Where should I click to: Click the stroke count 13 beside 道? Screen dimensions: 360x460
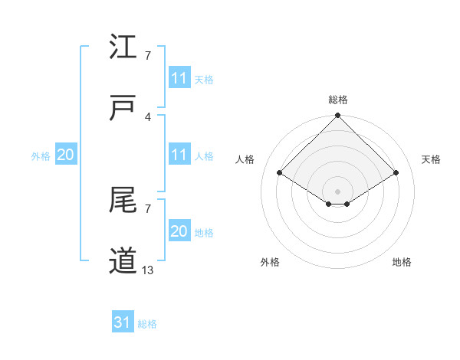pos(147,270)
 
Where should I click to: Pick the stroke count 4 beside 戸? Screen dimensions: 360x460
pos(147,116)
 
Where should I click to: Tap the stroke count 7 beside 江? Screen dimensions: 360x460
pos(147,56)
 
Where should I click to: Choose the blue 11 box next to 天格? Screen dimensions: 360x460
pos(179,78)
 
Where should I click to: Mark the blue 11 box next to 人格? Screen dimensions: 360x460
pos(179,155)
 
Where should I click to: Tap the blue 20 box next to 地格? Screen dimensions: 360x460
pos(179,231)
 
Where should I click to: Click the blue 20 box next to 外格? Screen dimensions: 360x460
pos(66,155)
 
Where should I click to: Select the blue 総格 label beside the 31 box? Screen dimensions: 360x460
pos(147,324)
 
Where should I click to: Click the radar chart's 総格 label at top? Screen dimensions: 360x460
pos(337,100)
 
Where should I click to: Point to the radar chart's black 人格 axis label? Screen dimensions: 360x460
pos(245,159)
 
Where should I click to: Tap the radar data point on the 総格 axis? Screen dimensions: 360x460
pos(337,116)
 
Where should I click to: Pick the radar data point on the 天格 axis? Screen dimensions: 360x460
pos(396,173)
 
